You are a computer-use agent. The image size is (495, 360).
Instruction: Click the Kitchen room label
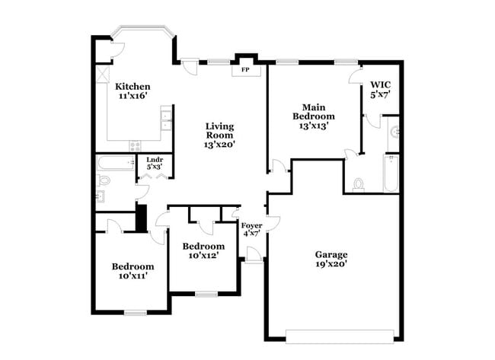click(x=133, y=86)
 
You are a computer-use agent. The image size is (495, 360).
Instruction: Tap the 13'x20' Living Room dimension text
click(x=219, y=144)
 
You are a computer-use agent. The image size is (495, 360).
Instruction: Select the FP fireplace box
click(x=245, y=70)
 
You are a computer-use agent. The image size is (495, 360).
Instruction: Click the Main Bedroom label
click(x=314, y=111)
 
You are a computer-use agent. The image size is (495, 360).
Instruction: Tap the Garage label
click(x=331, y=254)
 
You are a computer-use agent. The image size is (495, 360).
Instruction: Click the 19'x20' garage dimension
click(x=331, y=264)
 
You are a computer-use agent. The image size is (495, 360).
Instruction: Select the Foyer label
click(x=251, y=225)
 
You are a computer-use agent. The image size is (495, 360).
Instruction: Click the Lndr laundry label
click(x=155, y=160)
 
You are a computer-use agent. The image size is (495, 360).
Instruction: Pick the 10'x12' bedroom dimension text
click(x=203, y=256)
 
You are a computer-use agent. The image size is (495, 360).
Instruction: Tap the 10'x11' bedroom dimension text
click(x=133, y=276)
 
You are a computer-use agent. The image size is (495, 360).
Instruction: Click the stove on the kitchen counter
click(x=135, y=145)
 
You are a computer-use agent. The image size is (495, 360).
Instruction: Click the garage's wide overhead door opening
click(x=340, y=333)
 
